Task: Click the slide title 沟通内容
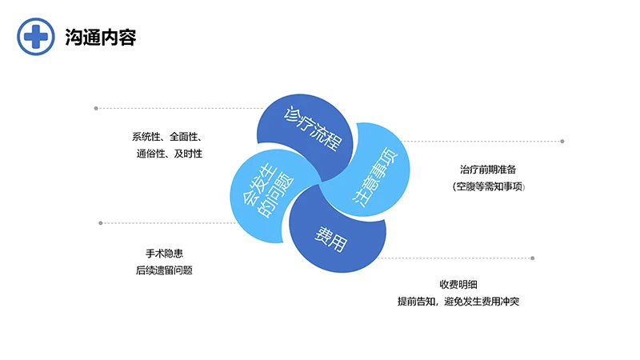pyautogui.click(x=100, y=37)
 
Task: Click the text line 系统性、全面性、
pyautogui.click(x=166, y=136)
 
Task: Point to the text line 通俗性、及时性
pyautogui.click(x=169, y=153)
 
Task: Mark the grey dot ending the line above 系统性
pyautogui.click(x=96, y=107)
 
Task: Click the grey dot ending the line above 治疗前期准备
pyautogui.click(x=562, y=141)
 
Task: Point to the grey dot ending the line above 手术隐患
pyautogui.click(x=100, y=222)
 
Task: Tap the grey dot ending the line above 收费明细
pyautogui.click(x=533, y=258)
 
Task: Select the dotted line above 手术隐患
pyautogui.click(x=168, y=222)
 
